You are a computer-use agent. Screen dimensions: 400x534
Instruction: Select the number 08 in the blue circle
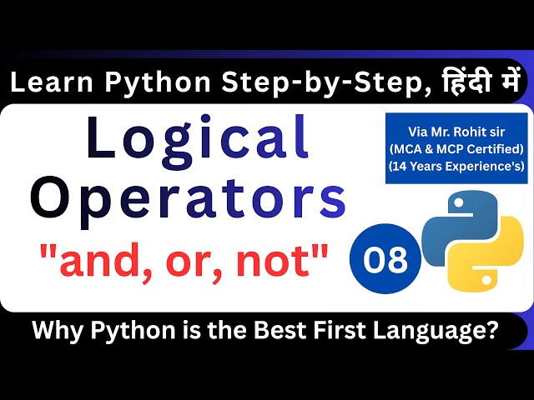(385, 261)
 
